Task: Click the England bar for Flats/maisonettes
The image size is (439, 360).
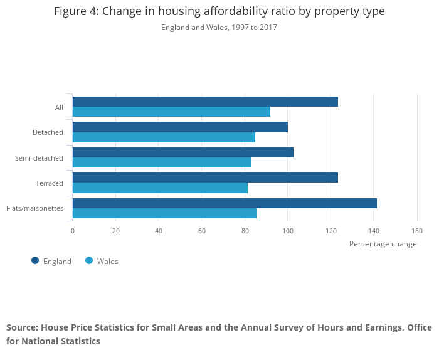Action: point(225,203)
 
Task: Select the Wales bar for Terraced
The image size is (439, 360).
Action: point(160,188)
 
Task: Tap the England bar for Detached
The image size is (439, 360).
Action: point(180,127)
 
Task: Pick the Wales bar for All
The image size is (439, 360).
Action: point(171,112)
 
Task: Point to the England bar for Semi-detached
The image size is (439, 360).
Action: point(183,152)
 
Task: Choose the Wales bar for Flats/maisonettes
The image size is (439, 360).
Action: point(164,213)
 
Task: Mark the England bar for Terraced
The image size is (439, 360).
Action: point(205,177)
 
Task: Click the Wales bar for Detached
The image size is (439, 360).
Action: point(164,137)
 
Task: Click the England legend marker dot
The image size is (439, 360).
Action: point(35,260)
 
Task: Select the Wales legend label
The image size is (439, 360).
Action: point(107,261)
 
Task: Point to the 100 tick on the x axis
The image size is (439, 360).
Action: point(288,231)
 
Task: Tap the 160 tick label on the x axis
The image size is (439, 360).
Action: point(417,231)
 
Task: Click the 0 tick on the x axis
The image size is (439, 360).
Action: point(73,231)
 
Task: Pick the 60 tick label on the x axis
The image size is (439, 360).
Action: point(201,231)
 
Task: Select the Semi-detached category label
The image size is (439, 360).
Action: point(39,158)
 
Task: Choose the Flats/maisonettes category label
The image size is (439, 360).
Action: point(34,208)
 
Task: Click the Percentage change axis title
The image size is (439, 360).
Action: point(383,244)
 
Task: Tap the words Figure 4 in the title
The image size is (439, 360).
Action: point(76,11)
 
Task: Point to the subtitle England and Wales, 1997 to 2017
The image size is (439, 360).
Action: point(219,28)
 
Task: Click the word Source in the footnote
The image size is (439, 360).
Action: point(22,327)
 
